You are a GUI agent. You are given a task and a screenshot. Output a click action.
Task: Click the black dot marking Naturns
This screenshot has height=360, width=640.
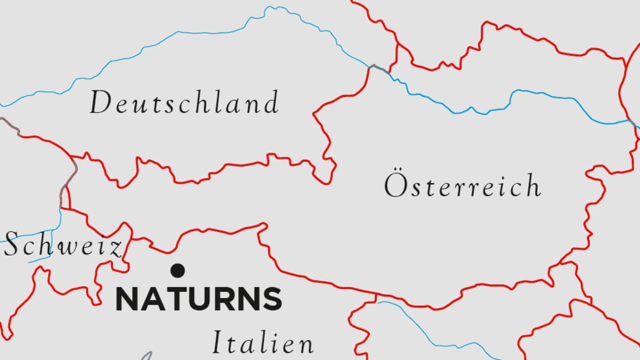coord(177,271)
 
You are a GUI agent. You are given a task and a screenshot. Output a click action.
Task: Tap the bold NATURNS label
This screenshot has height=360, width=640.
coord(198,299)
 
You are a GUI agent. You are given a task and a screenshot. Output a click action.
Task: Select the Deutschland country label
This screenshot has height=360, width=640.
coord(184,102)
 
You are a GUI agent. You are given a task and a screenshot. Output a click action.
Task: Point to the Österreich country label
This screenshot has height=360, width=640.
coord(462,186)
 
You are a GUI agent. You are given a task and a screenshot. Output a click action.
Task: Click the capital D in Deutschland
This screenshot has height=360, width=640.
coord(100,103)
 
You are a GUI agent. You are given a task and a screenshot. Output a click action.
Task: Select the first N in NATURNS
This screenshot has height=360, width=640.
coord(127,299)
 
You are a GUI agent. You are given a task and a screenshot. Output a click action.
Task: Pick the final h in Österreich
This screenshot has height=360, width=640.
coord(532,186)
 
